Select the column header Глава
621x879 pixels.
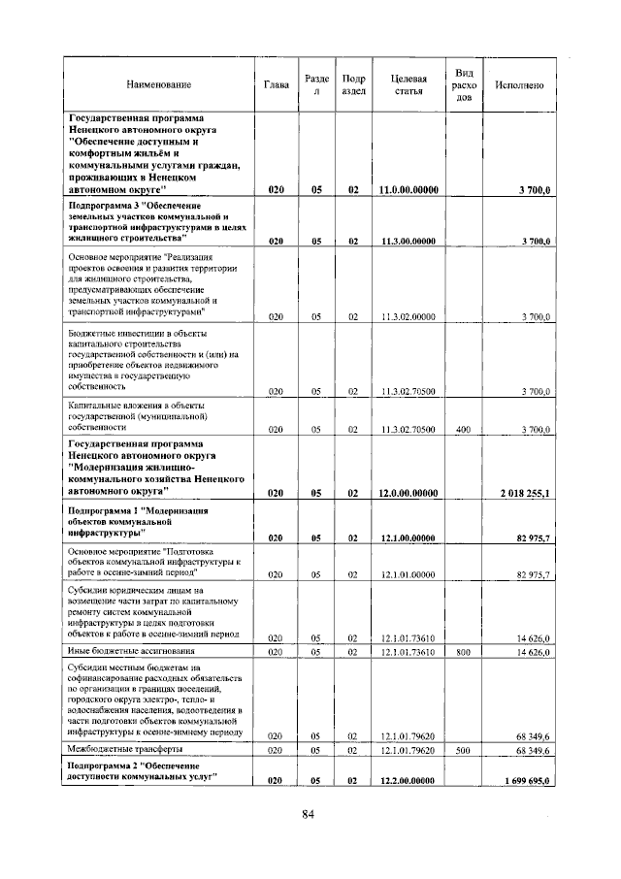(277, 85)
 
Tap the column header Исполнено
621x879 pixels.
(519, 85)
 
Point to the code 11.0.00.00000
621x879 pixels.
(409, 191)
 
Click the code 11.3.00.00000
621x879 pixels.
(409, 241)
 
